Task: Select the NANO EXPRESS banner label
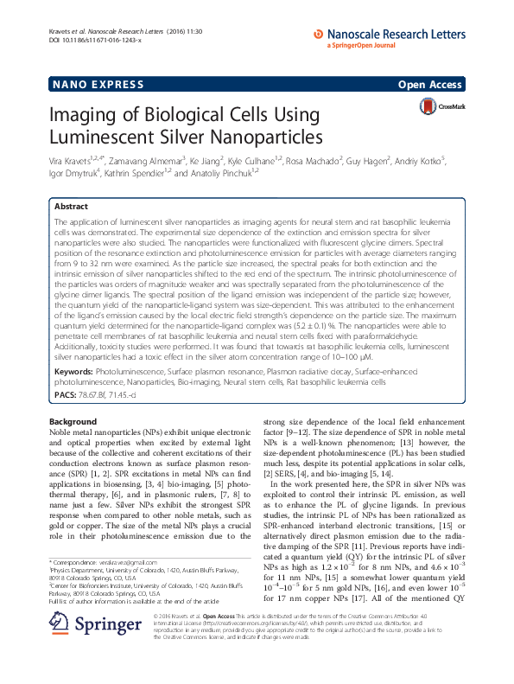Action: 84,84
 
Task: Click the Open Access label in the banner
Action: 431,84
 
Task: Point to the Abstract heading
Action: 72,208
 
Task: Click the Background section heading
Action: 73,421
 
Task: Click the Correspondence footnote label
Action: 79,562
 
